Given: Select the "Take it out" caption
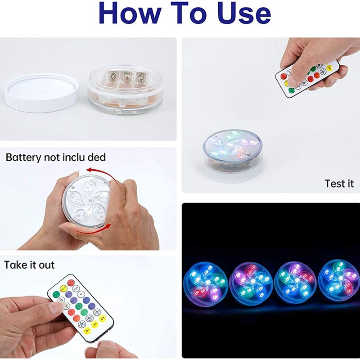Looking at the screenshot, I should coord(29,265).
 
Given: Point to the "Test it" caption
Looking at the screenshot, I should coord(339,184).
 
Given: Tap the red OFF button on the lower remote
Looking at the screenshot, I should coord(71,283).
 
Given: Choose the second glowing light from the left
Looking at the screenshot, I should coord(251,283).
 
